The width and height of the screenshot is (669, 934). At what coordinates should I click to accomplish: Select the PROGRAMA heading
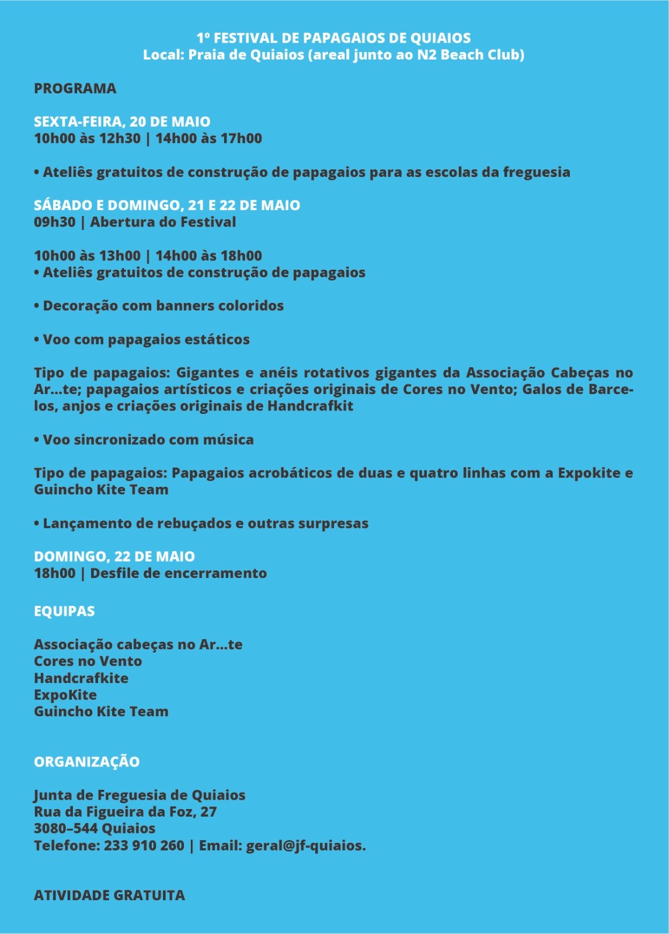click(x=75, y=89)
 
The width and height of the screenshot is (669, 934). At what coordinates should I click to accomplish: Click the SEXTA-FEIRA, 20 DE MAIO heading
click(x=122, y=122)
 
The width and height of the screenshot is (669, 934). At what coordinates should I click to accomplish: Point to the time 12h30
click(x=119, y=139)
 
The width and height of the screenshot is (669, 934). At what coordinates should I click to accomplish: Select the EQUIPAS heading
click(x=64, y=611)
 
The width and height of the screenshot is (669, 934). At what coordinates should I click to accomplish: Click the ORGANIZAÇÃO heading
click(x=86, y=762)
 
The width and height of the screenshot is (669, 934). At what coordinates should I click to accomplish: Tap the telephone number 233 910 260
click(x=144, y=846)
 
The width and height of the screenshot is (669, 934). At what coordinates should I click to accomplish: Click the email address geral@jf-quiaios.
click(x=305, y=846)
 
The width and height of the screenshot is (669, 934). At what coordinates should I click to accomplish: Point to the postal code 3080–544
click(x=65, y=829)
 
